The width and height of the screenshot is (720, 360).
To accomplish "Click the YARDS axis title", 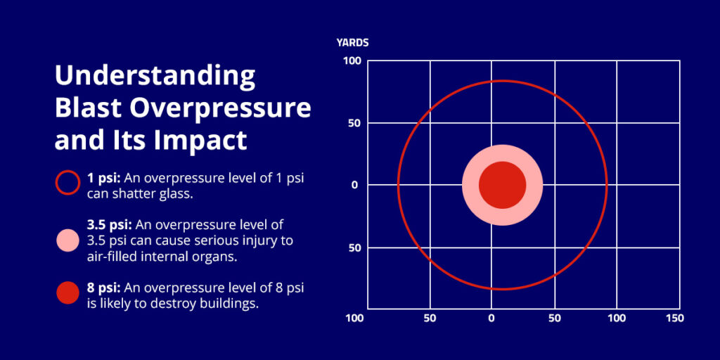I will coord(352,43).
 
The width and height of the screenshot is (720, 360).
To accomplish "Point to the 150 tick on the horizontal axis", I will coord(674,319).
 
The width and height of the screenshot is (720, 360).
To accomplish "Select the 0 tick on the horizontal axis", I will coord(491,319).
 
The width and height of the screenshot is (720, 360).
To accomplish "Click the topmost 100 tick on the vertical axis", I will coord(352,61).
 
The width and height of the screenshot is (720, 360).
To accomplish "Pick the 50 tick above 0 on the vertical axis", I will coord(354,124).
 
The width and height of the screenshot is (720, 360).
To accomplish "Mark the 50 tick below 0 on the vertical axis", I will coord(354,248).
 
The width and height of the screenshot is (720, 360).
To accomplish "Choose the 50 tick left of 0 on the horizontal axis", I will coord(430,319).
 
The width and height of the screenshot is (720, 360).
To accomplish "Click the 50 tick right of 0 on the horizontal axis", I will coord(555,319).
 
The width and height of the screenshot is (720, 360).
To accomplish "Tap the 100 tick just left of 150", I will coord(617,319).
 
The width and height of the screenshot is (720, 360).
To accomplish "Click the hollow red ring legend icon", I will coord(67,182).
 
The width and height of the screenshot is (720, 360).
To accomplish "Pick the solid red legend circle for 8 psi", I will coord(67,293).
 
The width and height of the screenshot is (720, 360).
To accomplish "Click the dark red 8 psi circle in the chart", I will coord(502,185).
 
